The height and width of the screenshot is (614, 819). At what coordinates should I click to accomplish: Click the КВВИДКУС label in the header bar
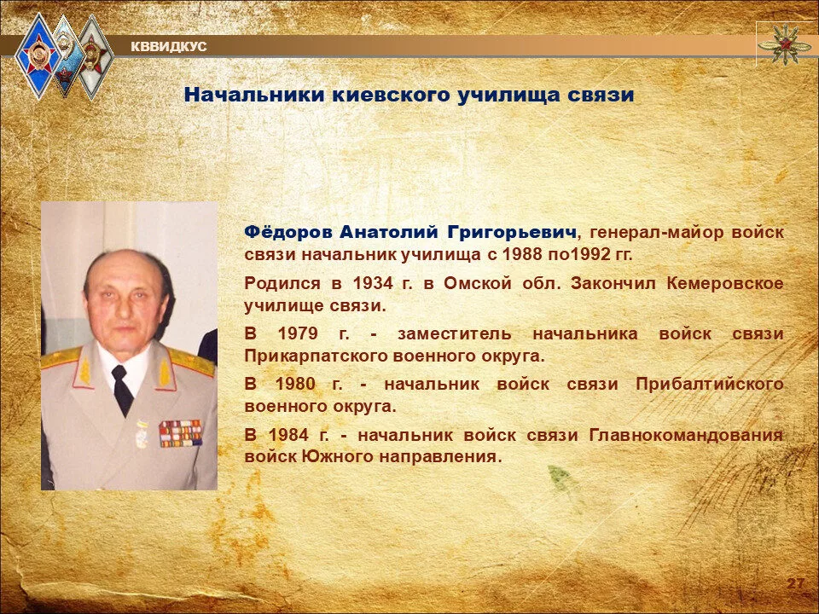tap(169, 47)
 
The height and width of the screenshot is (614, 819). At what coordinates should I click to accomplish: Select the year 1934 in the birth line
tap(373, 283)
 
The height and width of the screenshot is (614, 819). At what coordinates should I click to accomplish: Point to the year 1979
tap(298, 333)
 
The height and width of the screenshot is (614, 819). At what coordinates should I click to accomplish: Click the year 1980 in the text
tap(295, 385)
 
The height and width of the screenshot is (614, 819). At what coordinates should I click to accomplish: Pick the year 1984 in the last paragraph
tap(289, 434)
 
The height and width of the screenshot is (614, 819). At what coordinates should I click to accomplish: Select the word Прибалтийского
tap(710, 385)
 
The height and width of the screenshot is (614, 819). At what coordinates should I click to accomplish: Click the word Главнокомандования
tap(686, 435)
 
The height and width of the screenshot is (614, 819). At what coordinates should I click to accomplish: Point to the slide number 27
tap(795, 583)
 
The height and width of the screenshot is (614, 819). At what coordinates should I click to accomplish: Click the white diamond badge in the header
tap(95, 56)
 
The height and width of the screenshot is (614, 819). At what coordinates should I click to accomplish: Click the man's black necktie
tap(121, 390)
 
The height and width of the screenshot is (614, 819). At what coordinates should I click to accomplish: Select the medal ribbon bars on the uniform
tap(180, 433)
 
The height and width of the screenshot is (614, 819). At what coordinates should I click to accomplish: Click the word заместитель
tap(455, 334)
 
